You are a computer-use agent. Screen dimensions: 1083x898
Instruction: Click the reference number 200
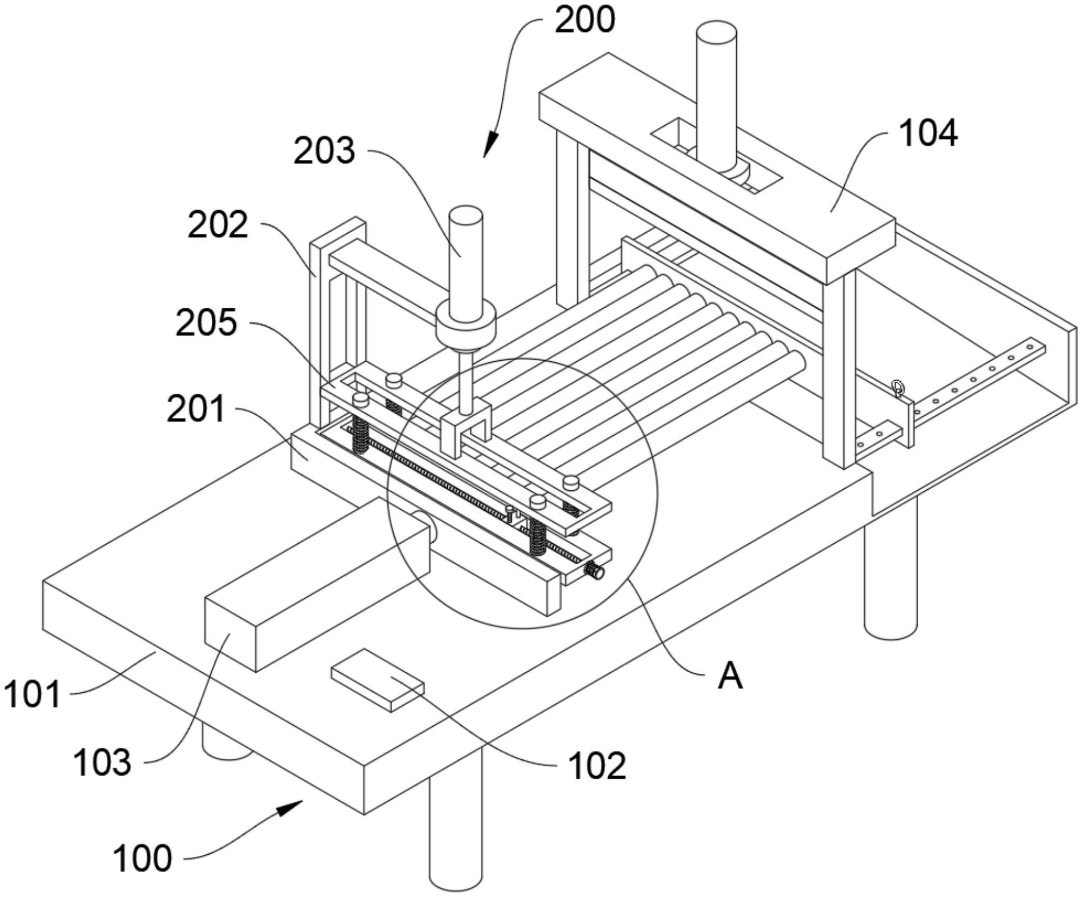coord(585,21)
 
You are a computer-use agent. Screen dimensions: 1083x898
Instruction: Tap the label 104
coord(928,133)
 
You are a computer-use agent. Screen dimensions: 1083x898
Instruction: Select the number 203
coord(324,150)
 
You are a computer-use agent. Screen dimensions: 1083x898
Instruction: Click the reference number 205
coord(206,322)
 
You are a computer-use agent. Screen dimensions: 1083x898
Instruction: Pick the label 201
coord(196,409)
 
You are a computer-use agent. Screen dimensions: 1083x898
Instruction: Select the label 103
coord(103,762)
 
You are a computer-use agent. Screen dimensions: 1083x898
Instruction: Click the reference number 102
coord(597,766)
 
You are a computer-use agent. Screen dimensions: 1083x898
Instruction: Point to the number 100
coord(142,858)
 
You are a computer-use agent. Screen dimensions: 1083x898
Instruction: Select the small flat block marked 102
coord(378,680)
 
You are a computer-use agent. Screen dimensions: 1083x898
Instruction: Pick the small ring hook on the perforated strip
coord(897,388)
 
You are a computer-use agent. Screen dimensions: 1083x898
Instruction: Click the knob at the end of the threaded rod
coord(596,571)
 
